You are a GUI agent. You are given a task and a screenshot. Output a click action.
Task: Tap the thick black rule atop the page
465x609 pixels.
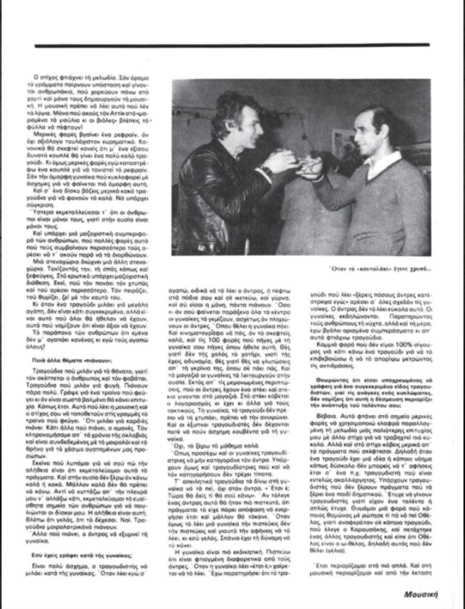pos(232,45)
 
